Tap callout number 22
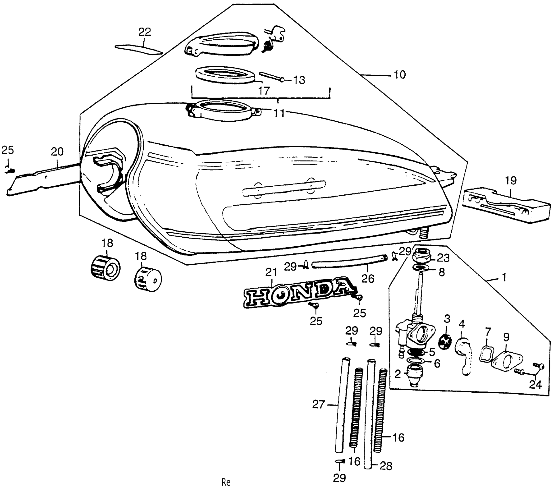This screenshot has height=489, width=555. [x=145, y=32]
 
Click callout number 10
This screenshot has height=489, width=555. [x=400, y=75]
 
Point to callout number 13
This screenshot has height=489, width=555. [x=299, y=80]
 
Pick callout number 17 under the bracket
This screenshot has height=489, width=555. [x=264, y=91]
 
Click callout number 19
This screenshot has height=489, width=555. [x=511, y=181]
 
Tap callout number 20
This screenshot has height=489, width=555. [x=57, y=152]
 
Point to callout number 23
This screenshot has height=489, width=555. [x=443, y=258]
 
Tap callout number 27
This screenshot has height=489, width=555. [x=318, y=405]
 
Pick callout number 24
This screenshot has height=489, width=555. [x=535, y=384]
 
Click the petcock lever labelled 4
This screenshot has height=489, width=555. [x=464, y=355]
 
